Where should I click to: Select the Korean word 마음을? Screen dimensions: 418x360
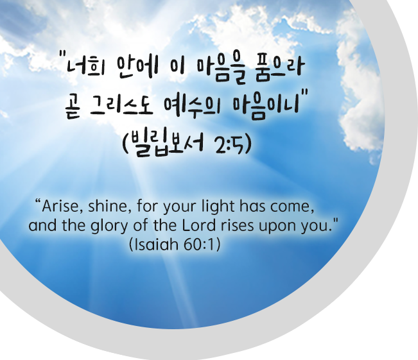coord(222,69)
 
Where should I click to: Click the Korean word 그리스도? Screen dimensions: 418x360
coord(121,107)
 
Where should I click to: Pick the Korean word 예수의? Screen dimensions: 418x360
coord(193,107)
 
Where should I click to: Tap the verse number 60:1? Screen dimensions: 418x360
coord(199,244)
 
